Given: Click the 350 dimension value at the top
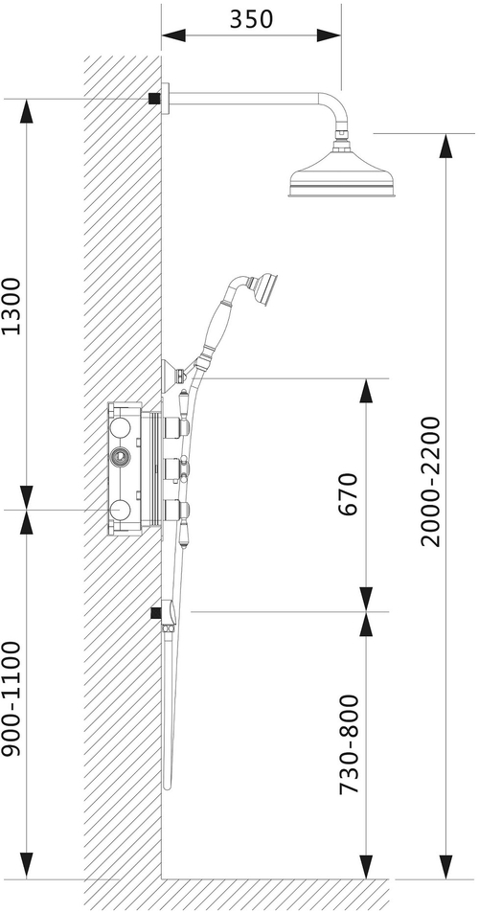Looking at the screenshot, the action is click(x=251, y=19).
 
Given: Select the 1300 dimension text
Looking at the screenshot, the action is click(x=11, y=306).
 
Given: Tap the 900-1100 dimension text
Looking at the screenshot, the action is click(x=11, y=698).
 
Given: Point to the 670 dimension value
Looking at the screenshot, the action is click(x=348, y=494).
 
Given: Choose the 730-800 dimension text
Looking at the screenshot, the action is click(x=348, y=744).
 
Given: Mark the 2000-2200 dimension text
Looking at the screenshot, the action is click(x=431, y=482).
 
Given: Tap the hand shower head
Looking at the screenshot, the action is click(x=265, y=285).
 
